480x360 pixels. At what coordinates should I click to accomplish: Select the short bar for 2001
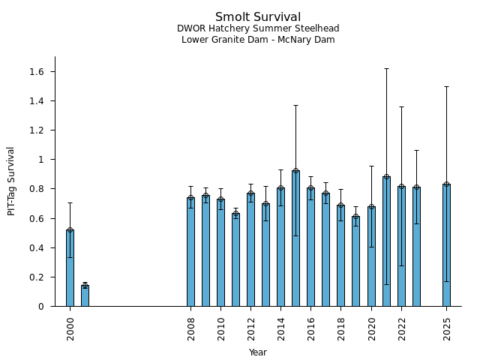pos(85,295)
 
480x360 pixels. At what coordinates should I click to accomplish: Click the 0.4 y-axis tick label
pos(37,248)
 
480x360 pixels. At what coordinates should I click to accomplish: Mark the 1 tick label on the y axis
pos(43,160)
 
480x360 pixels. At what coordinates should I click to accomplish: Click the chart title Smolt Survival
pos(258,17)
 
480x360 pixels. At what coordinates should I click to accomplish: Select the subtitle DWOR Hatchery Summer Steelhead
pos(258,28)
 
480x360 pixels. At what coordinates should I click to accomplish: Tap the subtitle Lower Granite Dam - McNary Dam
pos(258,40)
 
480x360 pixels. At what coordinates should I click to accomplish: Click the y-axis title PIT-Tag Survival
pos(11,181)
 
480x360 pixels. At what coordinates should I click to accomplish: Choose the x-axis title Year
pos(258,352)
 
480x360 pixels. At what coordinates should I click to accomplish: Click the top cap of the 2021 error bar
pos(386,68)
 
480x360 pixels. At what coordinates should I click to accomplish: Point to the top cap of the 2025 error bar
pos(446,86)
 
